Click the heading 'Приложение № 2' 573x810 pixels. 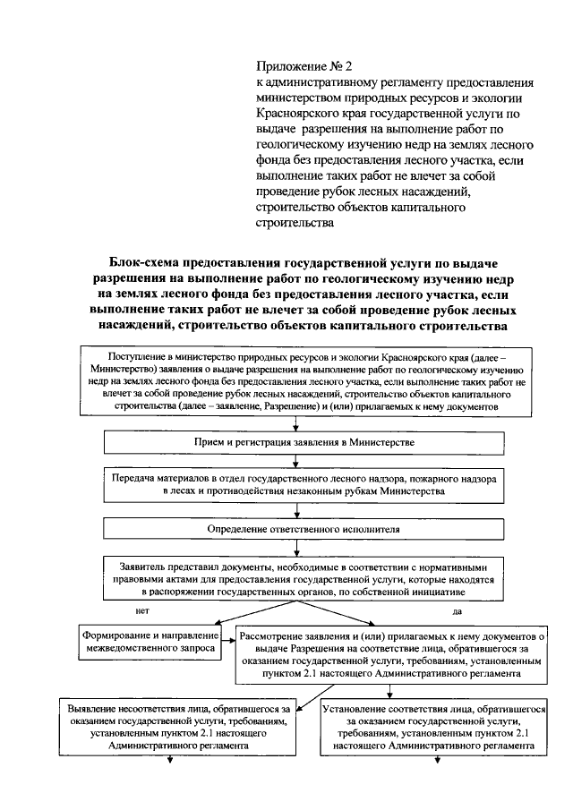(x=304, y=66)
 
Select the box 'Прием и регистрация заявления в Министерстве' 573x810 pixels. (x=304, y=442)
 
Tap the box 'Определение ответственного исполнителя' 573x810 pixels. (x=304, y=529)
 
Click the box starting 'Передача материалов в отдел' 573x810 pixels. (x=304, y=485)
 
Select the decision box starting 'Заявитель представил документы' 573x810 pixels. (x=304, y=579)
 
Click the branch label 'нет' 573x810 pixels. (x=141, y=610)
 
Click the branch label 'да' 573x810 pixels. (x=458, y=611)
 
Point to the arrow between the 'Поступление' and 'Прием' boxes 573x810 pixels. (x=304, y=424)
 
